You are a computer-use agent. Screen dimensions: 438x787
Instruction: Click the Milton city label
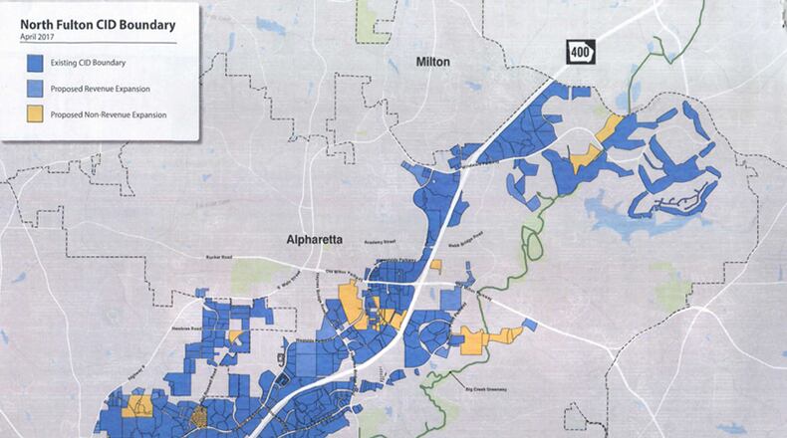432,62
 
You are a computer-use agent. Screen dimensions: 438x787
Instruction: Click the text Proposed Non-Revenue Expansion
110,114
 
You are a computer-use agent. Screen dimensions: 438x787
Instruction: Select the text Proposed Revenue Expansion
100,89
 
